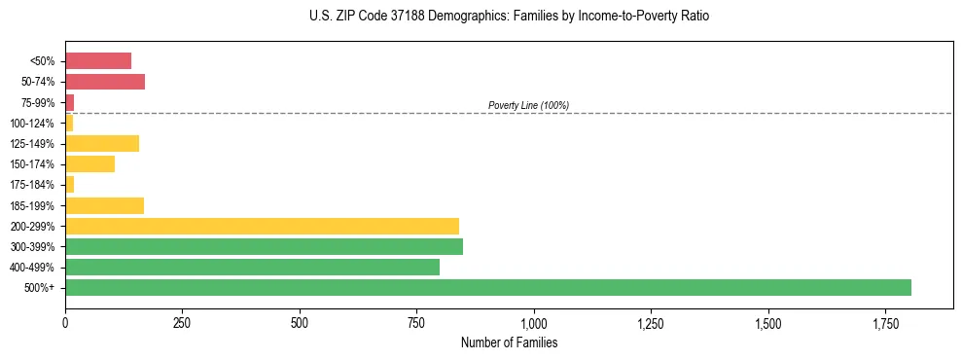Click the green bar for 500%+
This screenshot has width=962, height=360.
(487, 287)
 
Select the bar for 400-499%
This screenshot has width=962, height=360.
(252, 267)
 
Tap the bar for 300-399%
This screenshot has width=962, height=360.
(264, 246)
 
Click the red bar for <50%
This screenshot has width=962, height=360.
(98, 61)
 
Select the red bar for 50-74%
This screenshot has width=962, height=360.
(105, 82)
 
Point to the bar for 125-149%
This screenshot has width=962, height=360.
(102, 144)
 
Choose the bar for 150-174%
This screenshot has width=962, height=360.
(89, 164)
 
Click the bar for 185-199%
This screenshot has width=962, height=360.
(104, 205)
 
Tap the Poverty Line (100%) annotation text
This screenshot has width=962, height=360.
(528, 105)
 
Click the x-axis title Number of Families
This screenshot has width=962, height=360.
(509, 342)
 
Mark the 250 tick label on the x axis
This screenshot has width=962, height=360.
(182, 322)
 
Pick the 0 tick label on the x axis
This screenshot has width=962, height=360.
(65, 322)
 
